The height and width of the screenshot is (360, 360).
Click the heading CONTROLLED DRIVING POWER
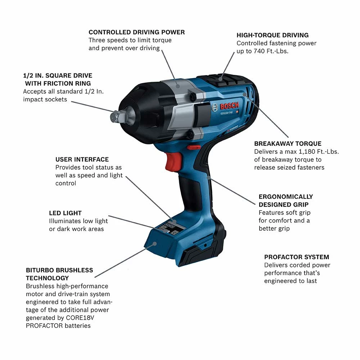click(136, 32)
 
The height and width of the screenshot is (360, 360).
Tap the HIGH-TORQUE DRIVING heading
click(273, 35)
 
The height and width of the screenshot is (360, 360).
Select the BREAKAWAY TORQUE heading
click(288, 144)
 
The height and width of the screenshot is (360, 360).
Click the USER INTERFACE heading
click(82, 159)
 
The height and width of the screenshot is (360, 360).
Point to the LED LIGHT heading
click(65, 213)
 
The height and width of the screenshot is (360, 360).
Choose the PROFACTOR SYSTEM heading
click(297, 257)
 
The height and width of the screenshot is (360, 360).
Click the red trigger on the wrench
click(172, 161)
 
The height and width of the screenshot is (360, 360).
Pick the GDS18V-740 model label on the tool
click(226, 113)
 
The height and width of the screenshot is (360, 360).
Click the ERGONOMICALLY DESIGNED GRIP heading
click(286, 201)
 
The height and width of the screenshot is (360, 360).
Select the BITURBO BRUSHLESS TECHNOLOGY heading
click(59, 274)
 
